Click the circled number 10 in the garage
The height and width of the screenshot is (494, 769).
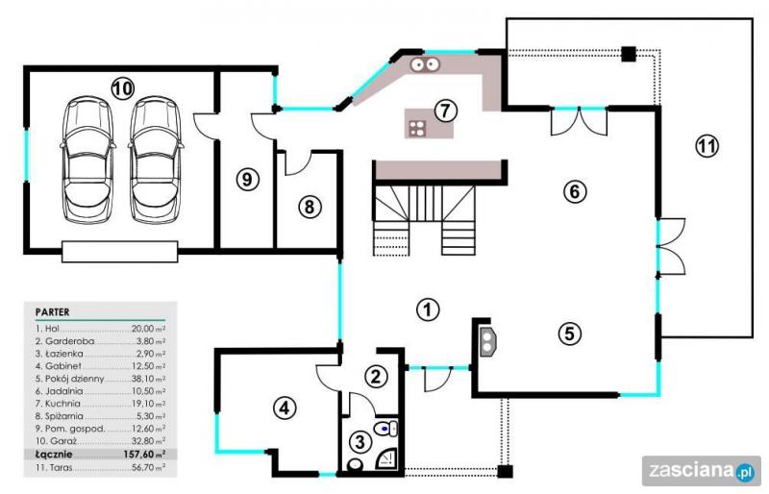122,88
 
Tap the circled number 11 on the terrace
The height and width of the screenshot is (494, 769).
707,146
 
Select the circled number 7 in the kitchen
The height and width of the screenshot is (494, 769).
445,111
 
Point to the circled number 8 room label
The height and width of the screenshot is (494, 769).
310,207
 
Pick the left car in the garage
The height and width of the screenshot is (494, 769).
88,160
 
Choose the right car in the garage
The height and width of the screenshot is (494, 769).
156,160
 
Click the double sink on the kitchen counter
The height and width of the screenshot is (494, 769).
425,64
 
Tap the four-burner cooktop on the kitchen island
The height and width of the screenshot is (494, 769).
417,128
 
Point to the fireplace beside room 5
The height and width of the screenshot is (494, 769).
488,340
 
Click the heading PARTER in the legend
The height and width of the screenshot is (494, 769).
53,312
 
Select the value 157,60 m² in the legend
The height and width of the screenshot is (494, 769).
144,455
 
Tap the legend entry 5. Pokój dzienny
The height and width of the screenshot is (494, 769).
69,379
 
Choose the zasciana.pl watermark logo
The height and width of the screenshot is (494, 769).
702,472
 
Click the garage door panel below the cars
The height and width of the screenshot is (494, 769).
119,252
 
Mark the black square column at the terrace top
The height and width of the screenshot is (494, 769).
629,54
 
